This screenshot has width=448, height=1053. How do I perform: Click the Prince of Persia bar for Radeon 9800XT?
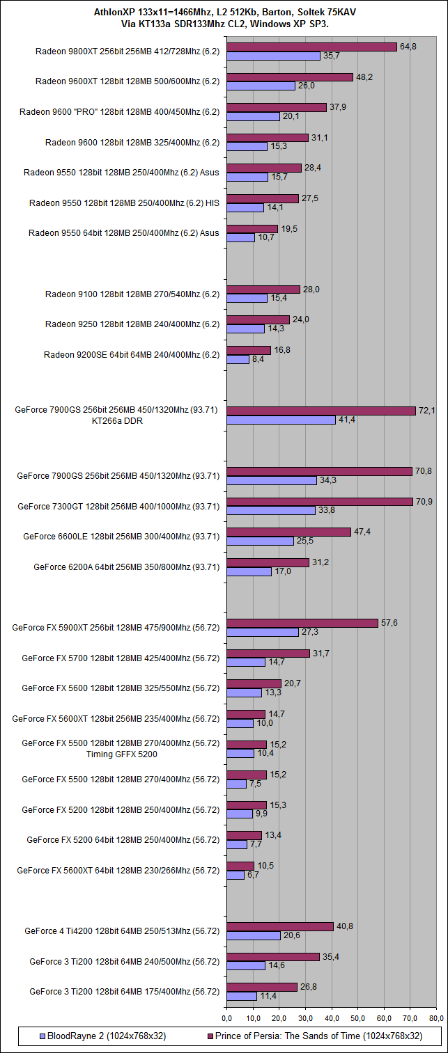point(311,47)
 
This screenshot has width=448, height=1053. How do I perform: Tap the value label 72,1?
point(426,411)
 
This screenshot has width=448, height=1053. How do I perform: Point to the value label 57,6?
point(388,623)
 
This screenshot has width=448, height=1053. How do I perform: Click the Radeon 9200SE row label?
point(132,355)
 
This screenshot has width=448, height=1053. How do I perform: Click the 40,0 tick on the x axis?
point(332,1018)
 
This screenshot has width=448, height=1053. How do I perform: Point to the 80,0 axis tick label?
point(437,1018)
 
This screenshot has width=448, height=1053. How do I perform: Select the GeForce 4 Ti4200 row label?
point(122,931)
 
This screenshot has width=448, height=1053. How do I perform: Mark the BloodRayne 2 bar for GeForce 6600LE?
point(261,541)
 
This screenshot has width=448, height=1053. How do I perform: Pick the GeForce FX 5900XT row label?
point(116,627)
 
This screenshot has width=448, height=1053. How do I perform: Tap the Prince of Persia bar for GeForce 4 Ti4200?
point(280,926)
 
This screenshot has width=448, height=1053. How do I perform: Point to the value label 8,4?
point(258,360)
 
